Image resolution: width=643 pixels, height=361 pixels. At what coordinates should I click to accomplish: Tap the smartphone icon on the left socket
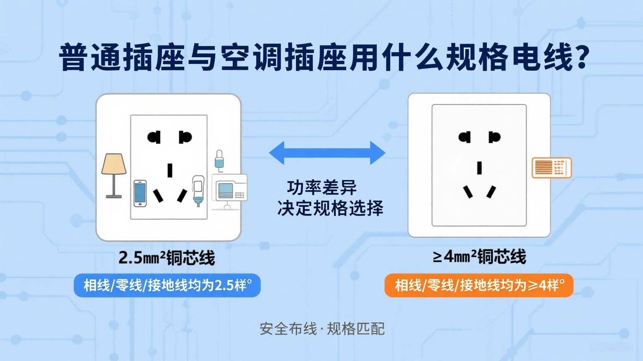pyautogui.click(x=140, y=193)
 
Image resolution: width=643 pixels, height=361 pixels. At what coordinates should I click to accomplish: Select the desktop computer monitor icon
pyautogui.click(x=229, y=190)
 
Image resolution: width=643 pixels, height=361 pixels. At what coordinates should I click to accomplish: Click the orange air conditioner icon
pyautogui.click(x=551, y=168)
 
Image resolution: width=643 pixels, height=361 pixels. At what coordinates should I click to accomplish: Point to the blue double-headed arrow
pyautogui.click(x=327, y=153)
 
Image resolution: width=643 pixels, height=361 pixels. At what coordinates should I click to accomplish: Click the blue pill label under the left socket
pyautogui.click(x=167, y=285)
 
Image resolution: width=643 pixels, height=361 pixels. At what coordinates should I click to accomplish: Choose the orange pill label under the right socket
pyautogui.click(x=478, y=285)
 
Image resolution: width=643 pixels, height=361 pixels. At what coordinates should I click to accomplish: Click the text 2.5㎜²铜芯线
pyautogui.click(x=167, y=257)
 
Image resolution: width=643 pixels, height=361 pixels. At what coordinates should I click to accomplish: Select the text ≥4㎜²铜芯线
pyautogui.click(x=479, y=257)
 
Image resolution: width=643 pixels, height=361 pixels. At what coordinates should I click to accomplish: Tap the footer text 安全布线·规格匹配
pyautogui.click(x=322, y=329)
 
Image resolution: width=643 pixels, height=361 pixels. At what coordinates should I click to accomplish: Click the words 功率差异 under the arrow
pyautogui.click(x=322, y=188)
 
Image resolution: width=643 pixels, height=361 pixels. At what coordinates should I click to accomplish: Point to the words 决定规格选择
pyautogui.click(x=330, y=208)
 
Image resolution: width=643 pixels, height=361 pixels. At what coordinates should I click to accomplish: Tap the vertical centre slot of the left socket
pyautogui.click(x=170, y=170)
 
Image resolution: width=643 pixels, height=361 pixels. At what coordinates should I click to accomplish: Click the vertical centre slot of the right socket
pyautogui.click(x=479, y=168)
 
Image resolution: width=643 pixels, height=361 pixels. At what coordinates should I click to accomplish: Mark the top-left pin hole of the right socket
pyautogui.click(x=465, y=137)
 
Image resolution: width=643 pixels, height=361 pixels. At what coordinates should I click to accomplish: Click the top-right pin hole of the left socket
pyautogui.click(x=185, y=137)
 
